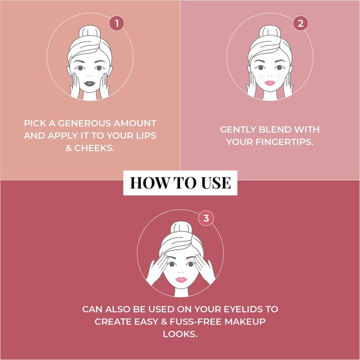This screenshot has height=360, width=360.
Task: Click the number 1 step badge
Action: pyautogui.click(x=117, y=23)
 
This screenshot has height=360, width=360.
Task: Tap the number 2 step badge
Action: pyautogui.click(x=301, y=23)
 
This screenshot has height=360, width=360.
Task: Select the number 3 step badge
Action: pyautogui.click(x=206, y=218)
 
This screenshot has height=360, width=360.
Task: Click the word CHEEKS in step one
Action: pyautogui.click(x=94, y=148)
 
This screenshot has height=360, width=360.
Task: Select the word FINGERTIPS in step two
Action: pyautogui.click(x=285, y=142)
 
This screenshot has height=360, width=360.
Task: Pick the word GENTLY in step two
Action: pyautogui.click(x=238, y=130)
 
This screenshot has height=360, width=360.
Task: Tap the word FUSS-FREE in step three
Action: pyautogui.click(x=196, y=322)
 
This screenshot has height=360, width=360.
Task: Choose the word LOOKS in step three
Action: pyautogui.click(x=180, y=334)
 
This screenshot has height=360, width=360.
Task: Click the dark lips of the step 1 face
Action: pyautogui.click(x=89, y=83)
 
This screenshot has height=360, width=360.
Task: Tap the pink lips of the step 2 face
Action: pyautogui.click(x=270, y=83)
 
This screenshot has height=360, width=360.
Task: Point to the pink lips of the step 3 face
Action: pyautogui.click(x=181, y=279)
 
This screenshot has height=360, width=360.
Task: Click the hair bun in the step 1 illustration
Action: pyautogui.click(x=90, y=31)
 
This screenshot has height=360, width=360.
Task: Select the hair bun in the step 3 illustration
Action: pyautogui.click(x=181, y=228)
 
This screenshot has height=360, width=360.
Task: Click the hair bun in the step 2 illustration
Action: pyautogui.click(x=270, y=31)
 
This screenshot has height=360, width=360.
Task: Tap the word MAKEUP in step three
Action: pyautogui.click(x=245, y=322)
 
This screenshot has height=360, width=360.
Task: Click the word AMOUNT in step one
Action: pyautogui.click(x=135, y=123)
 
